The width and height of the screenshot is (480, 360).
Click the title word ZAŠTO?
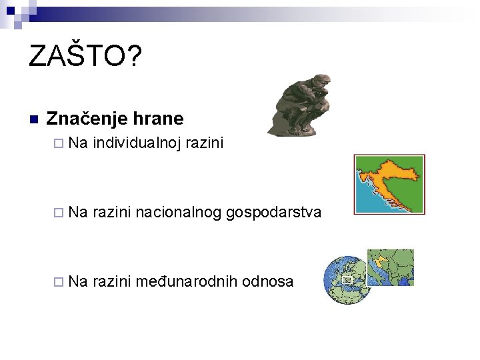tap(85, 57)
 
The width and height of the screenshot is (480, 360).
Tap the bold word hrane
tap(158, 119)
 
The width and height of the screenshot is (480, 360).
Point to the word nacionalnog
tap(179, 212)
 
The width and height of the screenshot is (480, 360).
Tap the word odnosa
tap(268, 281)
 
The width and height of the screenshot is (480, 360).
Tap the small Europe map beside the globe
tap(390, 267)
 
